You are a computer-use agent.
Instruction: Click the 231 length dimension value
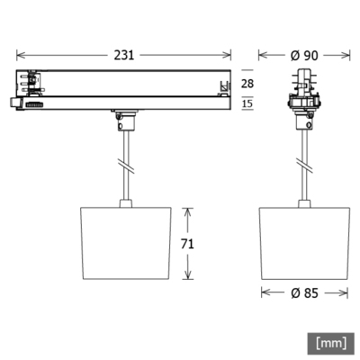pos(124,55)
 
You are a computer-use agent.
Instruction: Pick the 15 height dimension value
pos(248,105)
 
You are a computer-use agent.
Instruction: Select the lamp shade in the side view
pos(124,244)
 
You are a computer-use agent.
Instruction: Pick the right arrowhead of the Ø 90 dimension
pos(347,55)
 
